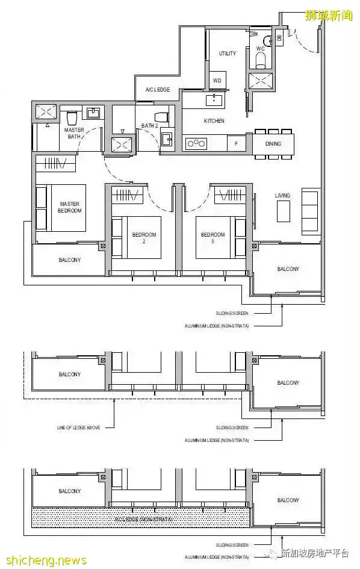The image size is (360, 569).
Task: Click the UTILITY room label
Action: (x=227, y=54)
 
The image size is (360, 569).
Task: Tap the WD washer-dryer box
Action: (x=217, y=81)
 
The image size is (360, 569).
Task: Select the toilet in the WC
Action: (x=261, y=58)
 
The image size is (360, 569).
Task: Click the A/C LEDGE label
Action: (x=158, y=90)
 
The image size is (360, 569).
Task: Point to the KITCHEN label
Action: (x=214, y=121)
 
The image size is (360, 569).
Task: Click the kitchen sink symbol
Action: (x=213, y=99)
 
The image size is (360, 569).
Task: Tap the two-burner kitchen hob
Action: (x=196, y=143)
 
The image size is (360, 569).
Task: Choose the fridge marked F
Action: (x=236, y=143)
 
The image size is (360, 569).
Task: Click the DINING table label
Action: (x=273, y=144)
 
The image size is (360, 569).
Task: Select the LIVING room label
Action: (x=282, y=195)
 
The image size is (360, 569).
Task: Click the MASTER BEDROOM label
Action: (x=69, y=208)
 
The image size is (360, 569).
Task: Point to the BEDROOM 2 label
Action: (x=144, y=237)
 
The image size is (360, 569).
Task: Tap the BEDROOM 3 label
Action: (x=213, y=237)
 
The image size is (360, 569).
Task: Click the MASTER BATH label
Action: (x=75, y=133)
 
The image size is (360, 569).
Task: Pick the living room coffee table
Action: (x=284, y=211)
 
